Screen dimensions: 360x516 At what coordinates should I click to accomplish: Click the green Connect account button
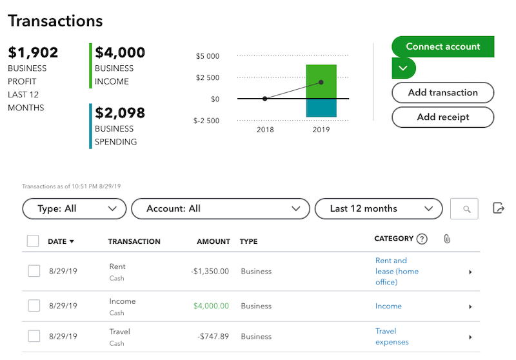coord(442,47)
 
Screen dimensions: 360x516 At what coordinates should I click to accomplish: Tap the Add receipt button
coord(442,117)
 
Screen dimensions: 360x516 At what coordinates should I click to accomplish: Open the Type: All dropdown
coord(74,208)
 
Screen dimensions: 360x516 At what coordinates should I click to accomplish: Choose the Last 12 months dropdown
coord(378,208)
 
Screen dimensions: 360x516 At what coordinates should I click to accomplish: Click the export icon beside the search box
coord(498,208)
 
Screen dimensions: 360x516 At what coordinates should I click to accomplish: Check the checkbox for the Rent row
coord(34,272)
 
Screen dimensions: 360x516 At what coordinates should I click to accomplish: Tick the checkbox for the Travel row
coord(34,336)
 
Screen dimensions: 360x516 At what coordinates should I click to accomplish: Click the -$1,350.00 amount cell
coord(210,272)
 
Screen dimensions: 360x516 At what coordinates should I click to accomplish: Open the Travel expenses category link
coord(392,337)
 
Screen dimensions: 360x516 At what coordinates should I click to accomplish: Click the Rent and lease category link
coord(396,272)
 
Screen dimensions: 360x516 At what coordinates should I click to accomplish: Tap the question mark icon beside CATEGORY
coord(422,239)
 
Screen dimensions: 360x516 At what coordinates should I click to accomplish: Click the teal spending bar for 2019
coord(321,108)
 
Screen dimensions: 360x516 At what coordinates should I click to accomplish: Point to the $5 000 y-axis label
coord(208,56)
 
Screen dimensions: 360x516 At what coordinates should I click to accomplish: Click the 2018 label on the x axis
coord(265,130)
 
